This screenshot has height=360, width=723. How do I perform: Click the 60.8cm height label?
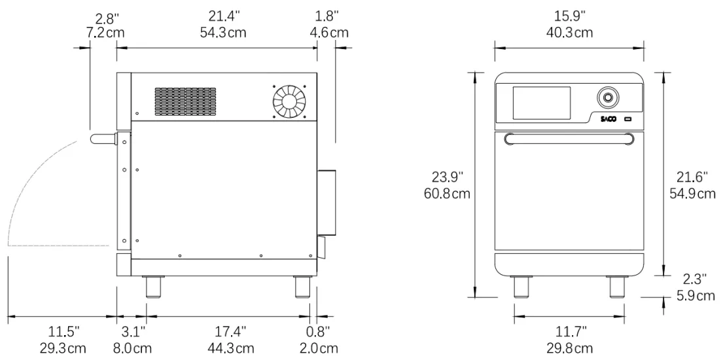(448, 193)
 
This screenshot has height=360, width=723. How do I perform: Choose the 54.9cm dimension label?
(692, 193)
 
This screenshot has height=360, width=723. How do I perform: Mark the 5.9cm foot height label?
(696, 295)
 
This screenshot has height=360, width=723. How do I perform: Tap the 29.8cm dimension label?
(570, 348)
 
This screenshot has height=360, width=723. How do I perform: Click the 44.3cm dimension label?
(230, 348)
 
